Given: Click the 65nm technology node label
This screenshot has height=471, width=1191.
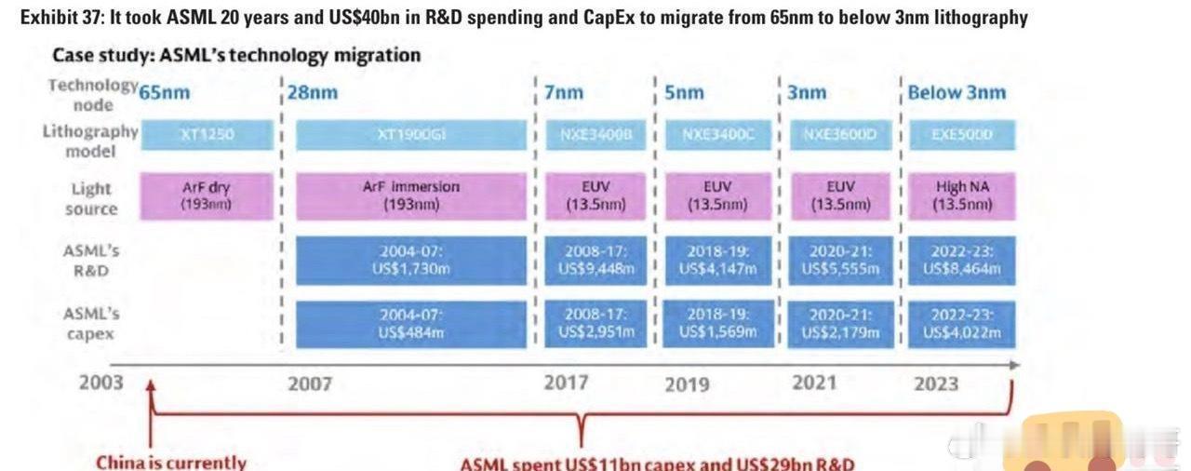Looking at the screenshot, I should click(x=164, y=93).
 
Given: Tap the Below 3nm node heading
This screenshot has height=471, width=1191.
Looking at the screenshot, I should click(x=957, y=93).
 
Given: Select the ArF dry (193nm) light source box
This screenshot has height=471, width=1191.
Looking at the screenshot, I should click(x=207, y=195).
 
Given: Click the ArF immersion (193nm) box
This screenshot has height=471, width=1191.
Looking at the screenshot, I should click(x=410, y=195).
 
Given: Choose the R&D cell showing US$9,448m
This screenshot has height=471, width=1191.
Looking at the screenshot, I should click(x=595, y=261).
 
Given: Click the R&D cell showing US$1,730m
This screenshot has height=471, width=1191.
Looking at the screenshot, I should click(x=410, y=261).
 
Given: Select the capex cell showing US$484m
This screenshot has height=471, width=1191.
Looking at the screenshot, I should click(x=410, y=324).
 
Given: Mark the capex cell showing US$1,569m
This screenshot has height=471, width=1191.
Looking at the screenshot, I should click(x=716, y=324).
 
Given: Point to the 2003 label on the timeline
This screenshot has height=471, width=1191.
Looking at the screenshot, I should click(x=100, y=384).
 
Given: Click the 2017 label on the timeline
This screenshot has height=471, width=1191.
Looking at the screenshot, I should click(x=566, y=384).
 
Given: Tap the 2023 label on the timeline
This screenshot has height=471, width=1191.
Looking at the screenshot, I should click(x=935, y=384).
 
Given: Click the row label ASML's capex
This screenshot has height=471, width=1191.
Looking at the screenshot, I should click(x=91, y=323).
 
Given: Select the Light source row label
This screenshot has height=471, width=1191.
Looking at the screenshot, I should click(x=92, y=198).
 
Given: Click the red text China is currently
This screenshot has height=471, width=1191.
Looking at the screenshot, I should click(x=171, y=462).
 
